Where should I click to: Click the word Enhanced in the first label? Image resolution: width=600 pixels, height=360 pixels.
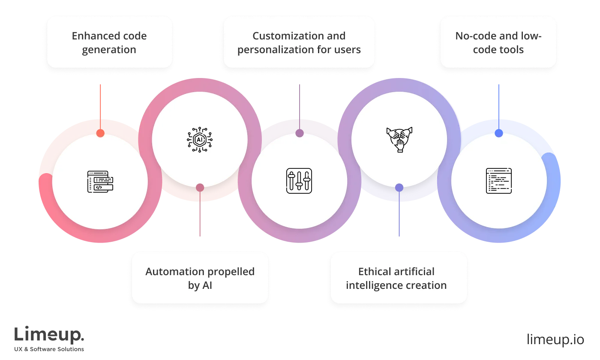click(90, 36)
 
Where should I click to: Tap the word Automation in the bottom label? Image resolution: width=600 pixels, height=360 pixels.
click(170, 272)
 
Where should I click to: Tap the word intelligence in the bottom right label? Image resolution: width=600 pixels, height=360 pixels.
click(374, 285)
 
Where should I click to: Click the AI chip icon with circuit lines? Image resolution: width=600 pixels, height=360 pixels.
click(200, 138)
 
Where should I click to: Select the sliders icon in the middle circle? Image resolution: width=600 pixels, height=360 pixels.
click(299, 180)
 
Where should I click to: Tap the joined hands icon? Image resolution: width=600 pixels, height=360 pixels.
click(399, 139)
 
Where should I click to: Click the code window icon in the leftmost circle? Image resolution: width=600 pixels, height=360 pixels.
click(100, 181)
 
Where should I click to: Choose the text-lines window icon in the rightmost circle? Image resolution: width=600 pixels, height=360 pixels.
click(499, 180)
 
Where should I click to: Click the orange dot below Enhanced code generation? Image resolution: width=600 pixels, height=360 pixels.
click(100, 133)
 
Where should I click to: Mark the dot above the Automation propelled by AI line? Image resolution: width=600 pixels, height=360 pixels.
click(200, 187)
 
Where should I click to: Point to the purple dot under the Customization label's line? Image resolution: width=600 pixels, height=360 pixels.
click(300, 133)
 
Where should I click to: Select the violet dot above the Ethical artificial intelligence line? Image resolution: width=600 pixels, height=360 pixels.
click(399, 187)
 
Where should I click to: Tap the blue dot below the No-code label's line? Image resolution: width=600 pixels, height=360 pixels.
click(499, 133)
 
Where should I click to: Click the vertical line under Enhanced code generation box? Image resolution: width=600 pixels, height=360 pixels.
click(100, 105)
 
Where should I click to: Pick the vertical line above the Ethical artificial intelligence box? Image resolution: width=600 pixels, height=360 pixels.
click(399, 214)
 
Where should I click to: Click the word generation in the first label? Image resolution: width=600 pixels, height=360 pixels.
click(109, 50)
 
